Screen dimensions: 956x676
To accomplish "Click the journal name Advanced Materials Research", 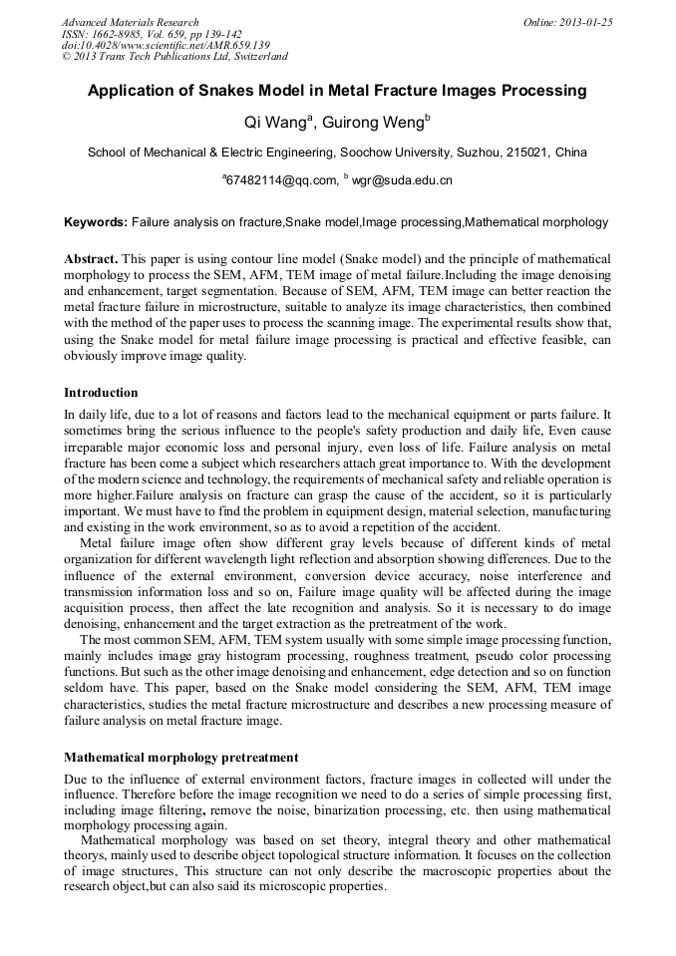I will (131, 22).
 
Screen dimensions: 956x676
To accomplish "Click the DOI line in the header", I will (166, 45).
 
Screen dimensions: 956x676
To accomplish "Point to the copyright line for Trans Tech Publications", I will (174, 57).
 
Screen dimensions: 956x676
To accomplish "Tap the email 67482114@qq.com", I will (280, 180).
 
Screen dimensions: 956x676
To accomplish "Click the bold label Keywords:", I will (96, 221).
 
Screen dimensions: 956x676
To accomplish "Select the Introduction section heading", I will (101, 393).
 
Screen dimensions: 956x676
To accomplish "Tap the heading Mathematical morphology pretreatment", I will (180, 758).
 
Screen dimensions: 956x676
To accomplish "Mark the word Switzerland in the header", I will (255, 57).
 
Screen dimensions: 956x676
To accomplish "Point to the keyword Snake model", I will (325, 221).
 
